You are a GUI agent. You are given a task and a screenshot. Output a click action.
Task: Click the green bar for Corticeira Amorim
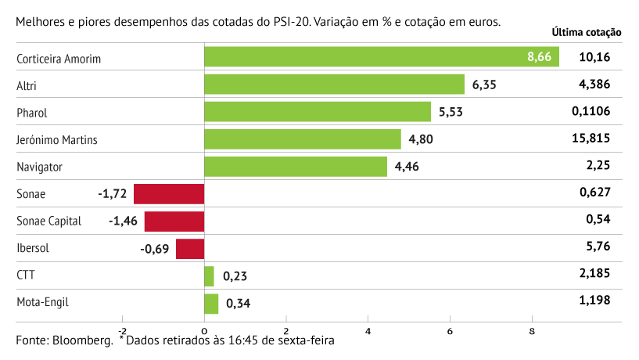click(381, 57)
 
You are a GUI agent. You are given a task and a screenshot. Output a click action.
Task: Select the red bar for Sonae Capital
click(174, 221)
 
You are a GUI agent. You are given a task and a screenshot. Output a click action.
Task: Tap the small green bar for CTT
click(209, 276)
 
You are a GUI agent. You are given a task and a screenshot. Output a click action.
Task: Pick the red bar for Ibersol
click(190, 249)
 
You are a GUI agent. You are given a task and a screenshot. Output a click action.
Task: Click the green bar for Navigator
click(296, 167)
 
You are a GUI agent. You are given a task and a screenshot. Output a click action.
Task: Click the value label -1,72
click(113, 193)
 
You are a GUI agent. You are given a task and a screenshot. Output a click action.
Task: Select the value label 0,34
click(239, 304)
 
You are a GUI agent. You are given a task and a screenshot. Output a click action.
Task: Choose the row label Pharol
click(32, 113)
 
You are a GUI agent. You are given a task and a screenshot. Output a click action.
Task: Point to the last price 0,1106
click(591, 111)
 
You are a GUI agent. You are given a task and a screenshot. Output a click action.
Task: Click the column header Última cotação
click(587, 33)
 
